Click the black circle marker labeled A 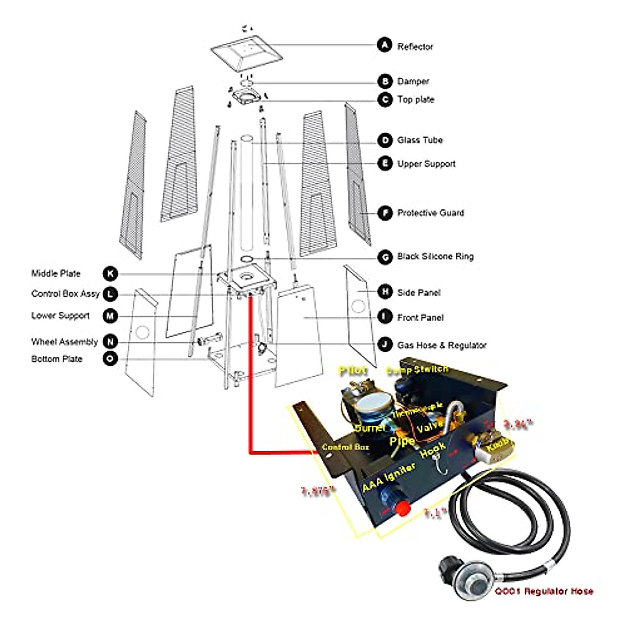pos(384,45)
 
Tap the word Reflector pos(415,46)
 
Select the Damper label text pos(413,81)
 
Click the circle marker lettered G pos(385,257)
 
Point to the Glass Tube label pos(420,140)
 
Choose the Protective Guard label pos(430,213)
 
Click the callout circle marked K pos(110,274)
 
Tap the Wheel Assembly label pos(64,342)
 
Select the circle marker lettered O pos(110,359)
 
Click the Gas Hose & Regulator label pos(442,345)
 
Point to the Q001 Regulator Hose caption pos(544,591)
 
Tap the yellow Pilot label pos(353,371)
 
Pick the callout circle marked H pos(385,292)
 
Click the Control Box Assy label pos(65,294)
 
